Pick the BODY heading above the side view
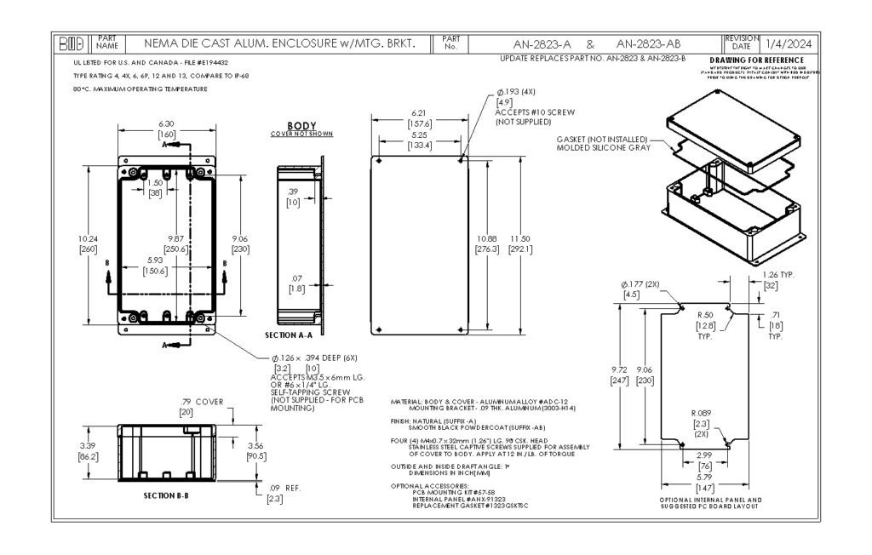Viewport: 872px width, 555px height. (x=301, y=125)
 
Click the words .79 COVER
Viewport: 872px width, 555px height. (x=202, y=402)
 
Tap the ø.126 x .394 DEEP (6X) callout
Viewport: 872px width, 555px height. (x=302, y=358)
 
